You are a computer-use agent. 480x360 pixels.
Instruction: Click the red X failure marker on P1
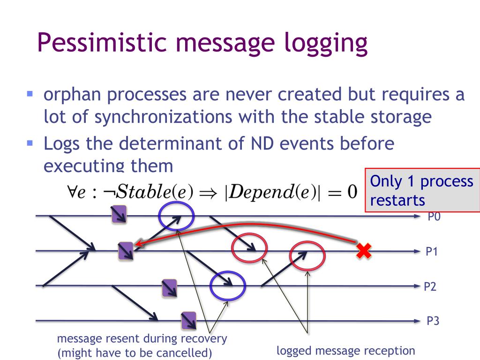pyautogui.click(x=363, y=251)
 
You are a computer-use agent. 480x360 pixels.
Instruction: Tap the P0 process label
pyautogui.click(x=434, y=217)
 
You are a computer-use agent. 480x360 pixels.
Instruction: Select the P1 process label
pyautogui.click(x=431, y=252)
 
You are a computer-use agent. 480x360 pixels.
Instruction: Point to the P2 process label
pyautogui.click(x=430, y=286)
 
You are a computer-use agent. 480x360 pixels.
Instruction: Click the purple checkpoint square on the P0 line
pyautogui.click(x=119, y=215)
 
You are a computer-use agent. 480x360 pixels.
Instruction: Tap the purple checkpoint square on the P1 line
pyautogui.click(x=126, y=250)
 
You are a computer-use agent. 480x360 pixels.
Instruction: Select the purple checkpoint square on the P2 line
pyautogui.click(x=169, y=288)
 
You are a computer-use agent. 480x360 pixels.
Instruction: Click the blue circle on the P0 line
pyautogui.click(x=176, y=216)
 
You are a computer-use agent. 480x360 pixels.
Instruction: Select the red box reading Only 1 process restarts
pyautogui.click(x=422, y=190)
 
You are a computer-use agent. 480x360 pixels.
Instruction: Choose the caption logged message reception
pyautogui.click(x=346, y=351)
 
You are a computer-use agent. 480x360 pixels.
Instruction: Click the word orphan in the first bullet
pyautogui.click(x=71, y=95)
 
